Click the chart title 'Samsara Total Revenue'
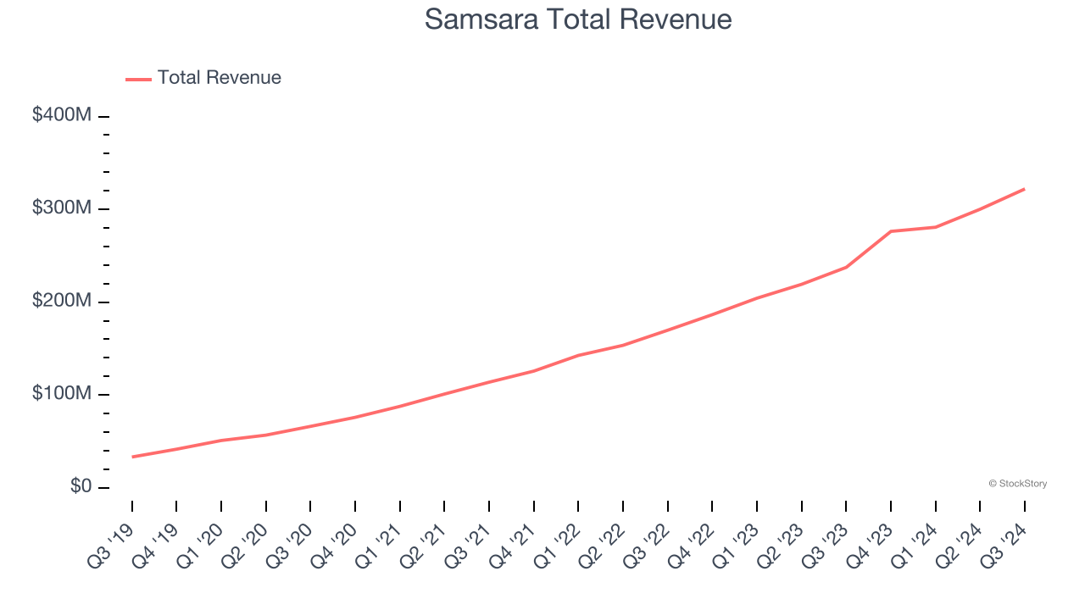click(577, 19)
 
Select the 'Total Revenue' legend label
click(219, 78)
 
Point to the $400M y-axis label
click(61, 115)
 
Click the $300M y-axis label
click(61, 208)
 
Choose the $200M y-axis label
click(61, 302)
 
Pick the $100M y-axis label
click(61, 394)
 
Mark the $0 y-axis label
click(80, 487)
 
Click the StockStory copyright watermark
click(1017, 484)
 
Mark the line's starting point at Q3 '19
click(132, 457)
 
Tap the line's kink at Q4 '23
click(891, 231)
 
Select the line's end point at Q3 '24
click(1024, 189)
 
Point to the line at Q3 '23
click(846, 267)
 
